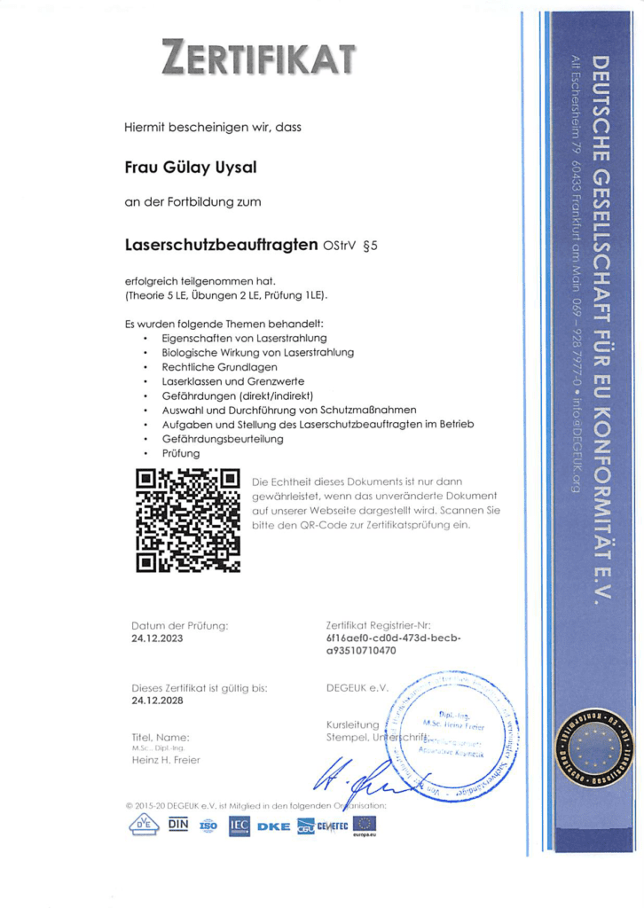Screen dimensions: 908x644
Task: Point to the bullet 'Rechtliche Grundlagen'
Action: click(x=219, y=366)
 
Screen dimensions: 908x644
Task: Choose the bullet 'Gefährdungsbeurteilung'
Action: click(x=223, y=438)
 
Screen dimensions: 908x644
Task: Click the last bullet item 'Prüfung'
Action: click(x=181, y=453)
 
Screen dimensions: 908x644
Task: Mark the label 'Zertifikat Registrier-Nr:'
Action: click(x=378, y=625)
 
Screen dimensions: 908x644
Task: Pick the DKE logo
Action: click(x=273, y=826)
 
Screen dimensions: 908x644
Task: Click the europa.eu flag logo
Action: click(x=365, y=826)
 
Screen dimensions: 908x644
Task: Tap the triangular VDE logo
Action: click(x=142, y=826)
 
